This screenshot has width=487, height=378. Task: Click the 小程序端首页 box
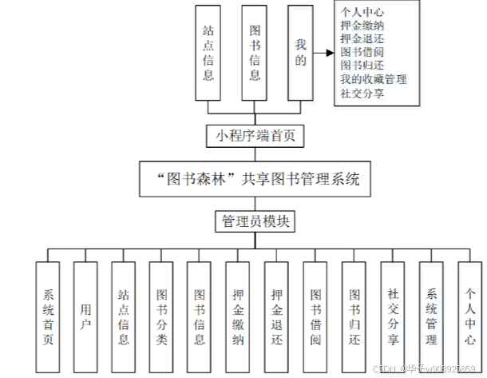click(255, 136)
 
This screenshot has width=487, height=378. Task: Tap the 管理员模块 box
click(255, 221)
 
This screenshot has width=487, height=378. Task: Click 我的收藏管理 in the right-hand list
click(373, 79)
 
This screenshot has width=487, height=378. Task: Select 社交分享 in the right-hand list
click(362, 93)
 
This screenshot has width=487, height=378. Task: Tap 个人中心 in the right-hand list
click(362, 12)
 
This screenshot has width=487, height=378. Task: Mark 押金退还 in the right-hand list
click(362, 38)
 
